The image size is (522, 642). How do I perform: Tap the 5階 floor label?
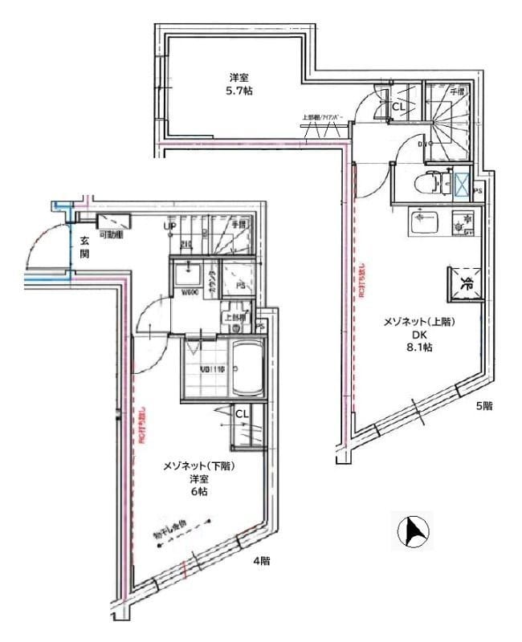pos(483,406)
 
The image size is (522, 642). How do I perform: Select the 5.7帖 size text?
pos(239,91)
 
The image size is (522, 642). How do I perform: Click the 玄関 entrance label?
pos(84,246)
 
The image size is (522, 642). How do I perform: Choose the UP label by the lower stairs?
pos(169,226)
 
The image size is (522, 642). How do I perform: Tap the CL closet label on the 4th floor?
pos(240,413)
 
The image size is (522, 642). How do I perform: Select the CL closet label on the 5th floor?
pos(398,104)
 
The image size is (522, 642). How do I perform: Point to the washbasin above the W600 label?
pos(190,273)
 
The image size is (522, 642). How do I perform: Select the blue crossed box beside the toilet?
pos(463,183)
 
